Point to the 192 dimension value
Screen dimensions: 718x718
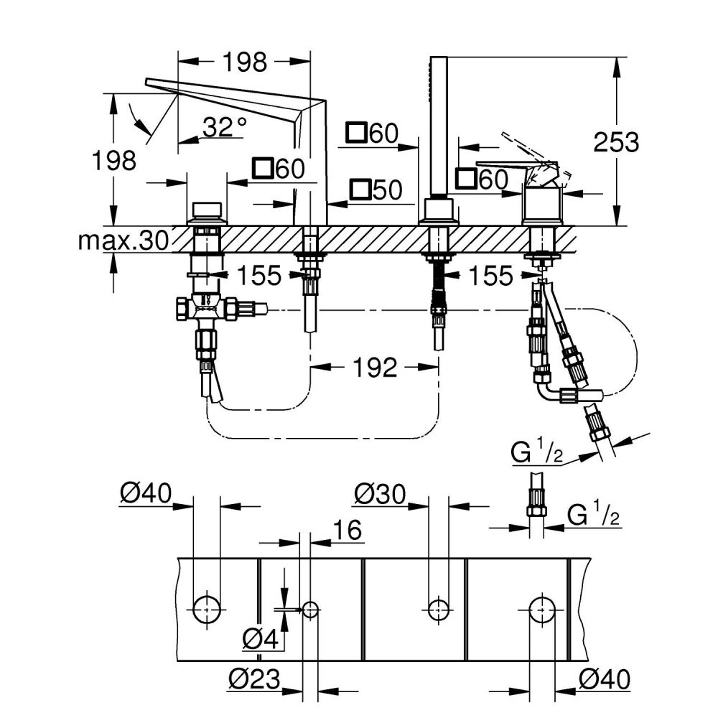[x=374, y=368]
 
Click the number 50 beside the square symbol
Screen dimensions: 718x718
[x=386, y=190]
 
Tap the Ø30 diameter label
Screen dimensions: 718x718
[x=381, y=494]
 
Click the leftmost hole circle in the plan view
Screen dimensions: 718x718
[x=208, y=608]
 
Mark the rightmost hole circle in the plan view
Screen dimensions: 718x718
[x=543, y=608]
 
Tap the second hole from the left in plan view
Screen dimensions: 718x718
[x=310, y=610]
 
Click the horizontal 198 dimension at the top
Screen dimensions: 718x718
[x=244, y=62]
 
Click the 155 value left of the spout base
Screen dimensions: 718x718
[x=260, y=275]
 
